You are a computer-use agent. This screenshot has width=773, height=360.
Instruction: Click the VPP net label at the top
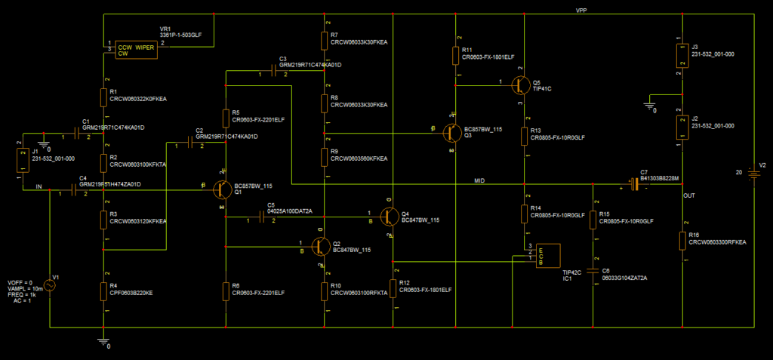click(x=581, y=11)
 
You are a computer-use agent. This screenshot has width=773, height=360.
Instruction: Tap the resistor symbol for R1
click(x=103, y=97)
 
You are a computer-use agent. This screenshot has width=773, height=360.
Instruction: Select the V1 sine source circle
click(x=50, y=285)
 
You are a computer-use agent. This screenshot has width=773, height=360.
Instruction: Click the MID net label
click(x=479, y=180)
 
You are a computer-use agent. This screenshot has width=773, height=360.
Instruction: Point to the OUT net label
click(x=688, y=195)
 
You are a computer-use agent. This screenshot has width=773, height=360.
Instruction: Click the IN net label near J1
click(x=38, y=186)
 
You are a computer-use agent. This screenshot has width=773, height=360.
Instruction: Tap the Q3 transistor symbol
click(x=451, y=134)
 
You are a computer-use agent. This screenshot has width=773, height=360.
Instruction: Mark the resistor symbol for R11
click(x=456, y=55)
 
